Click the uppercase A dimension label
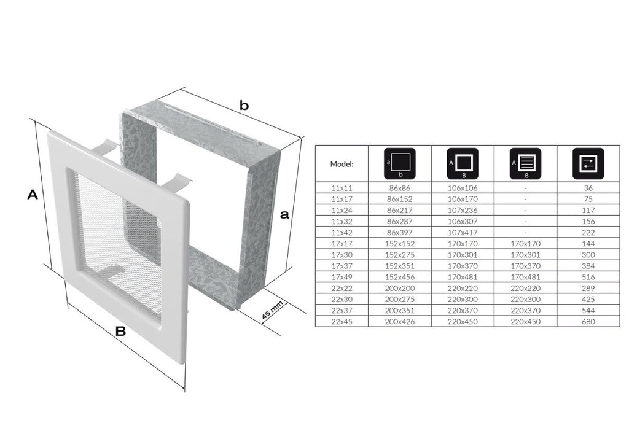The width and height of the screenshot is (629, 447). click(x=33, y=195)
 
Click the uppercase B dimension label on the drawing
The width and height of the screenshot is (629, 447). click(x=120, y=332)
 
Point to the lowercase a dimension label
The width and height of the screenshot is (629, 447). click(x=284, y=214)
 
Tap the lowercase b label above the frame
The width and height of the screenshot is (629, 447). click(x=244, y=105)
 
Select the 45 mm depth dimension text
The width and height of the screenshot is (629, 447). click(x=272, y=310)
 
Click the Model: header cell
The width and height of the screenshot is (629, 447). click(x=342, y=164)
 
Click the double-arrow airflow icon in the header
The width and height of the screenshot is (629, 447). click(x=588, y=163)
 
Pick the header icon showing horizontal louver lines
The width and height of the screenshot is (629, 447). click(x=525, y=163)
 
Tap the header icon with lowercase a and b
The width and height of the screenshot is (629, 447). click(x=399, y=163)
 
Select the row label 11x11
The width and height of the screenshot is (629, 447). click(x=342, y=188)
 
